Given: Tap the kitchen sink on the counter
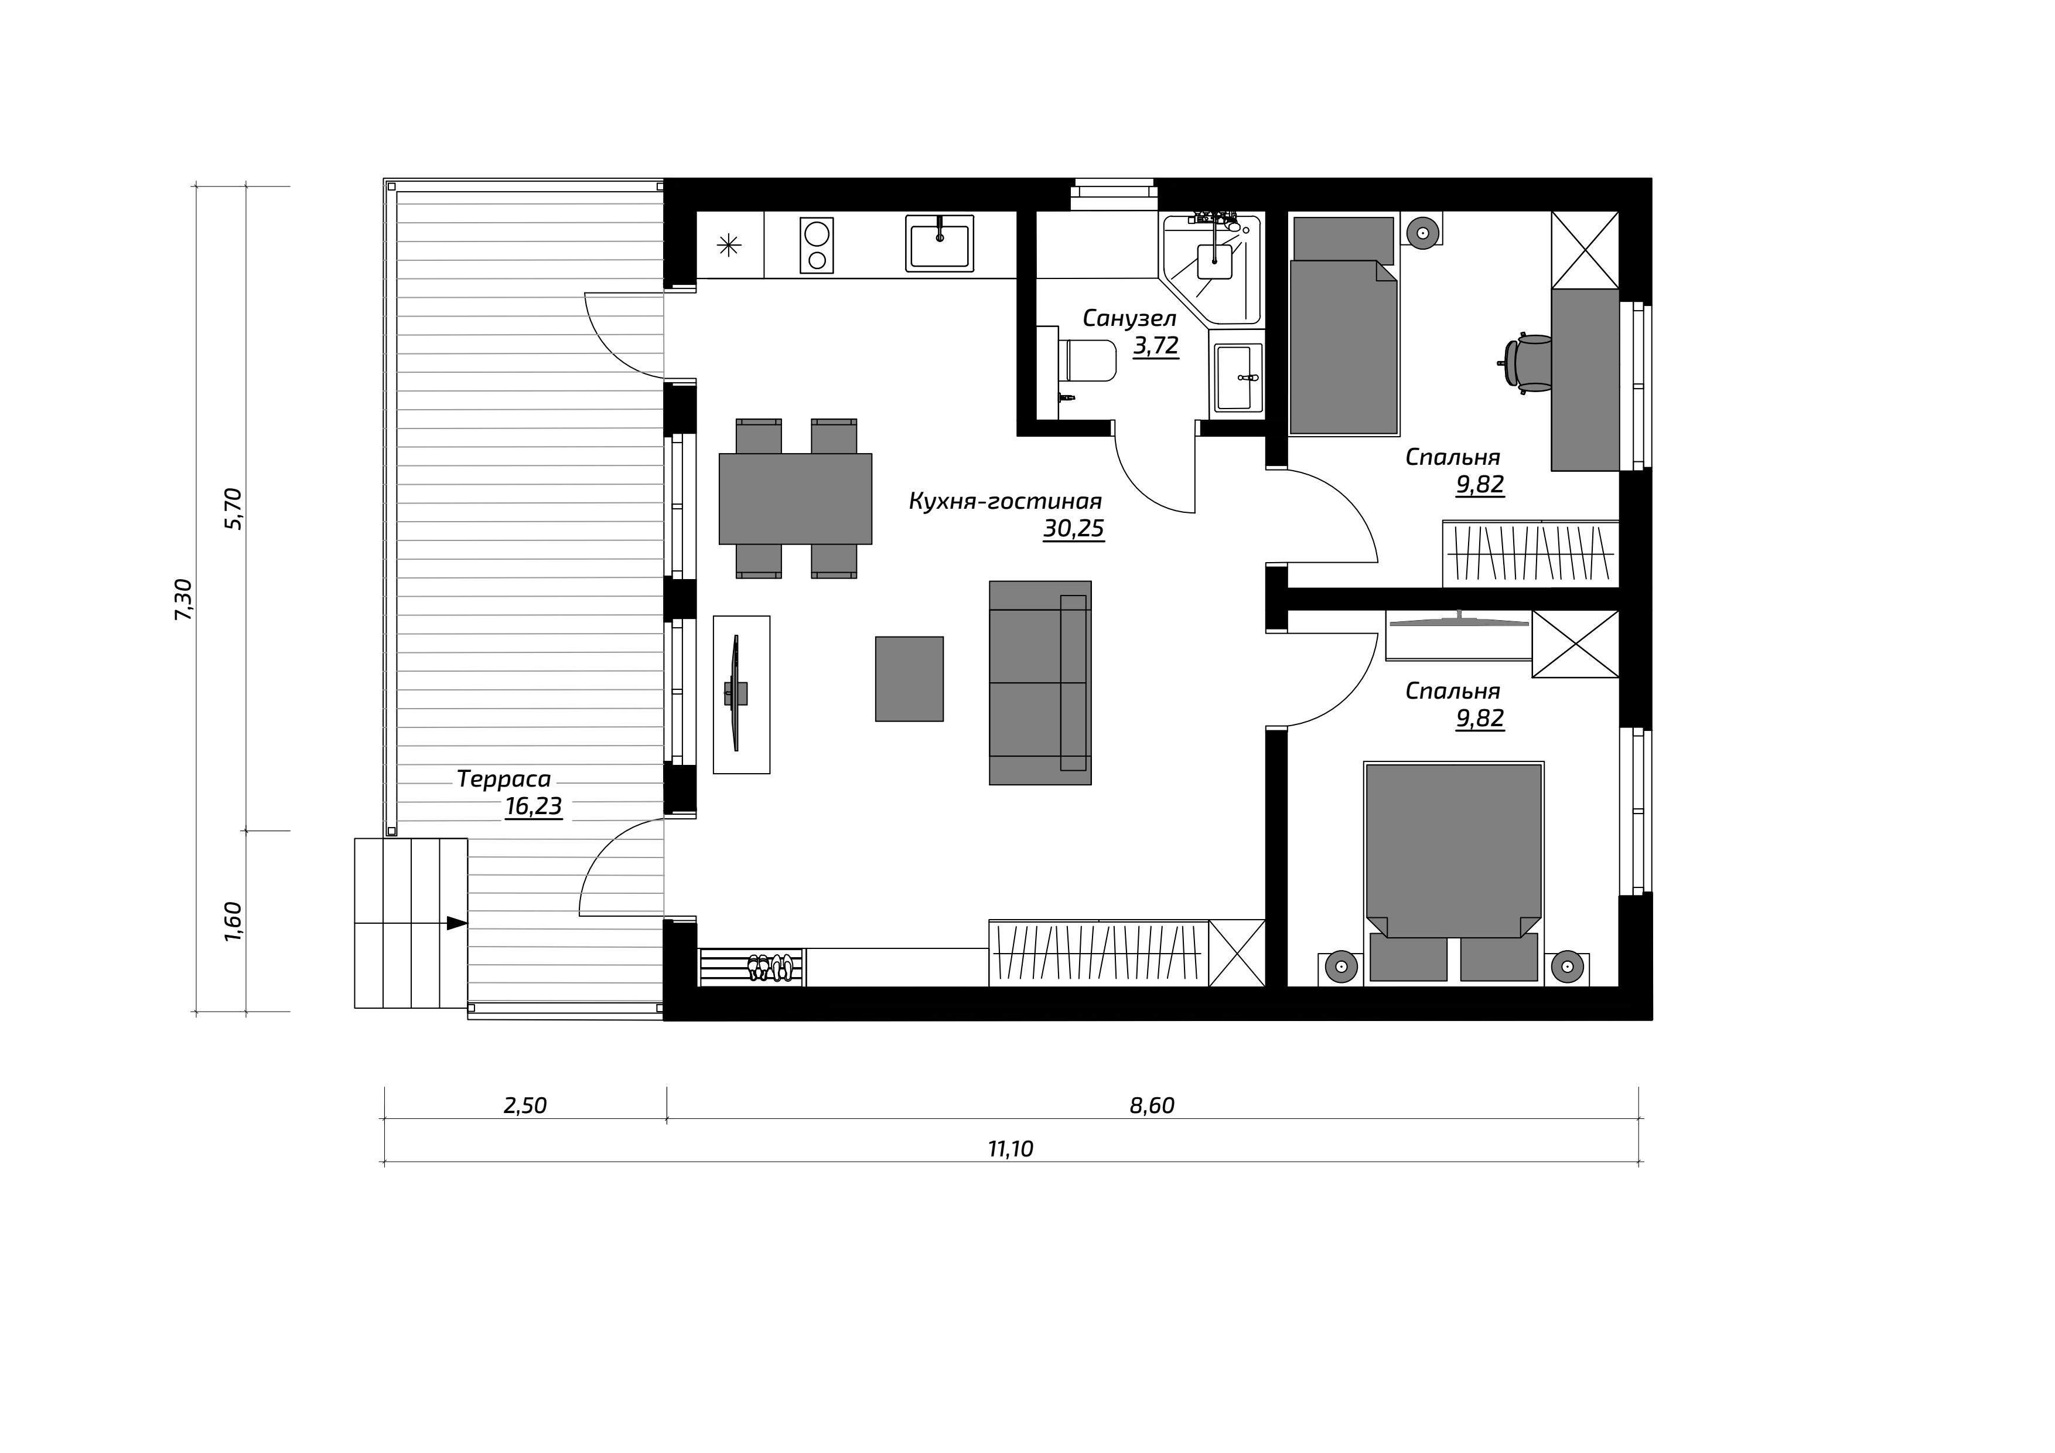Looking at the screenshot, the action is point(939,243).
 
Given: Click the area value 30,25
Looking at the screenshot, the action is point(1073,529).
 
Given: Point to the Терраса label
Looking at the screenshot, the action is point(504,779).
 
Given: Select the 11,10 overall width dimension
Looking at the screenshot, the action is point(1011,1149).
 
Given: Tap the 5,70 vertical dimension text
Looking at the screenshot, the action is point(234,509).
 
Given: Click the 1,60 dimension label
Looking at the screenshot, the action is point(233,921).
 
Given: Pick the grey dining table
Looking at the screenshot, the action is point(795,499).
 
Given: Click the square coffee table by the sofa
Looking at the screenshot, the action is point(909,679).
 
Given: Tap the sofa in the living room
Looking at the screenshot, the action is point(1040,683).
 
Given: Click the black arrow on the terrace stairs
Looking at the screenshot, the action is point(456,923).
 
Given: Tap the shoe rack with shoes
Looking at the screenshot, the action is point(752,967).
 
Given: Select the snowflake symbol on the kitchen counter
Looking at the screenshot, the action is point(729,244).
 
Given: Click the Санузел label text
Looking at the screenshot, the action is point(1129,318).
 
